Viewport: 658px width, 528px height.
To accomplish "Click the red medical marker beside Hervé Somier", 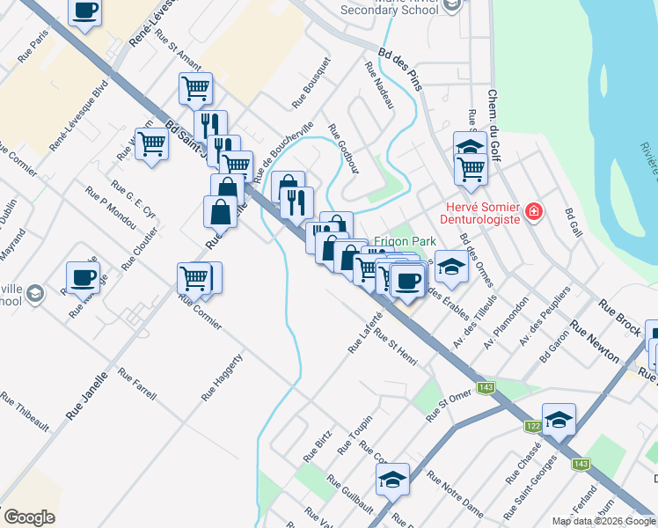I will (533, 212).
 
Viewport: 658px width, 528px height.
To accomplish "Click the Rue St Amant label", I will (178, 46).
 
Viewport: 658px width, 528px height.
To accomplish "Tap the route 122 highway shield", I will (533, 425).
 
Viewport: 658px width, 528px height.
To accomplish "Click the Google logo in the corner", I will (29, 517).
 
